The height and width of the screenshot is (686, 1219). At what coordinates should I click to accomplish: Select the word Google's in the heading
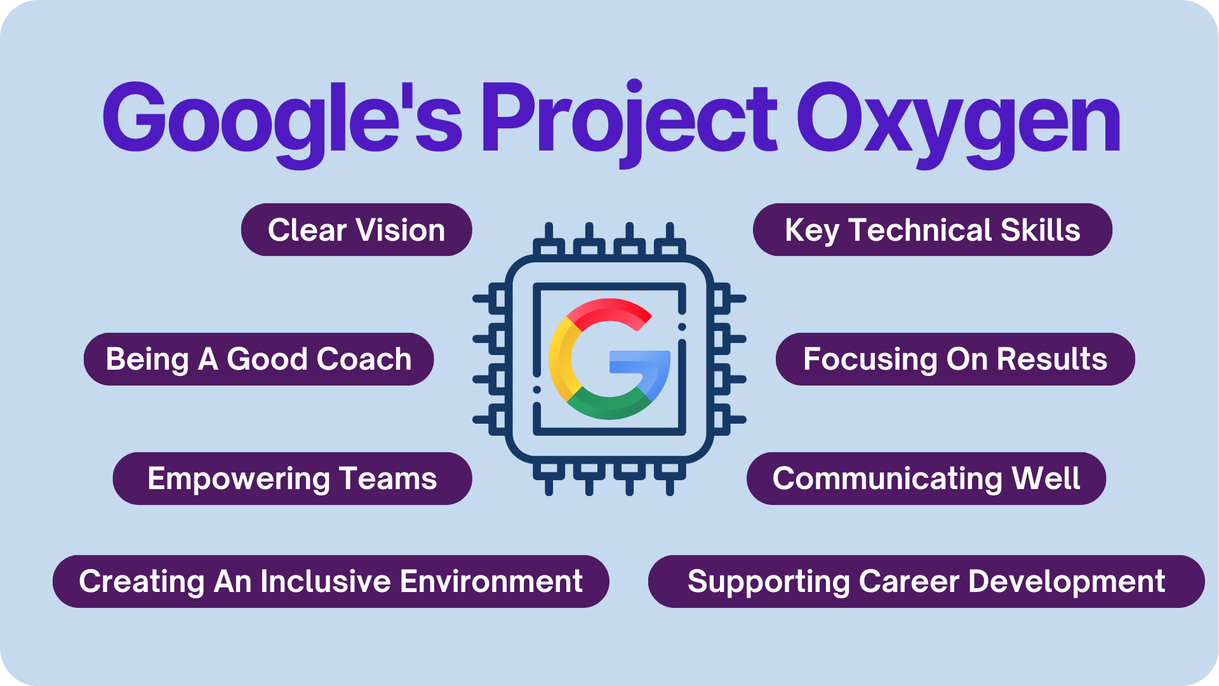click(x=283, y=121)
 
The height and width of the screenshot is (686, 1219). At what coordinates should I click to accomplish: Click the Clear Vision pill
click(x=356, y=230)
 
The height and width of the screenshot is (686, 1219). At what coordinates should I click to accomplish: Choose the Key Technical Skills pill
click(x=932, y=230)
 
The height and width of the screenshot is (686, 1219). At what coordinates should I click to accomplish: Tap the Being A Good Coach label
click(x=258, y=359)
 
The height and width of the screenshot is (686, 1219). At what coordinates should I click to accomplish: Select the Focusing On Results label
click(x=955, y=359)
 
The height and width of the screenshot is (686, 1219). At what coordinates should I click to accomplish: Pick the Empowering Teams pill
click(x=292, y=478)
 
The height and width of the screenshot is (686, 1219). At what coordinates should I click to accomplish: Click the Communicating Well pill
click(x=926, y=478)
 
